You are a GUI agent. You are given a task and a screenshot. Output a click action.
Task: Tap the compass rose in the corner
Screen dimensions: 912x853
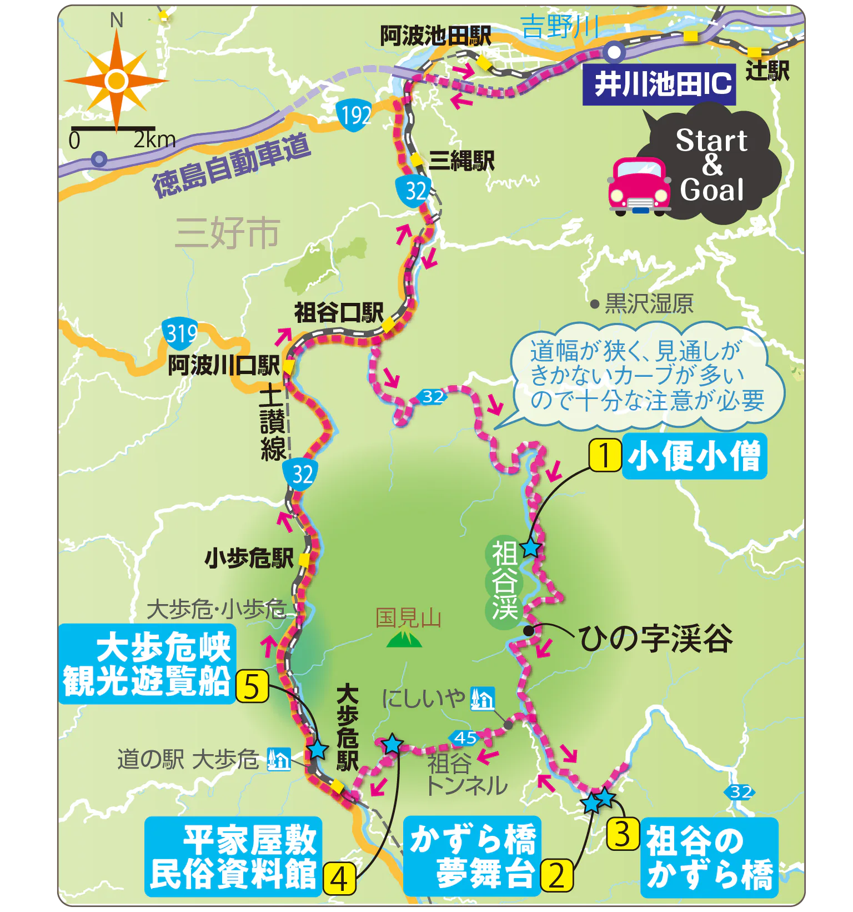click(x=116, y=81)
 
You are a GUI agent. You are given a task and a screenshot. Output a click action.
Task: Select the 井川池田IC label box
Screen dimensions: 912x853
click(x=659, y=84)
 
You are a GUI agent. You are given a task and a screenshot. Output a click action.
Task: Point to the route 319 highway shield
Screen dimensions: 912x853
click(x=180, y=333)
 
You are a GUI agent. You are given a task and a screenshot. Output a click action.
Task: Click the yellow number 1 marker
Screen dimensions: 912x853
click(x=604, y=456)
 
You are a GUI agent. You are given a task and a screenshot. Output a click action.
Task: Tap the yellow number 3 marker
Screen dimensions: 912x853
click(x=623, y=834)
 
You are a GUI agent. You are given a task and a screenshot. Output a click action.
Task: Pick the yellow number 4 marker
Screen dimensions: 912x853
click(x=339, y=879)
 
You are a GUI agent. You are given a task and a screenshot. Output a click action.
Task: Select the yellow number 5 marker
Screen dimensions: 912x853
click(x=252, y=687)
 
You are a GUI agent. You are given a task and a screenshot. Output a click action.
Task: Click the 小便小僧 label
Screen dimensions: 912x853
click(x=694, y=456)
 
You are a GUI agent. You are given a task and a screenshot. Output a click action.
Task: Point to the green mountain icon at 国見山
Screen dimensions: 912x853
click(x=404, y=640)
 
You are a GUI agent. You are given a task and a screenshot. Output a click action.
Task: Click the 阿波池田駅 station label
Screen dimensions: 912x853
click(x=435, y=37)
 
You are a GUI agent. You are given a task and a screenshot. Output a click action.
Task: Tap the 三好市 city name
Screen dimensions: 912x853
click(x=227, y=233)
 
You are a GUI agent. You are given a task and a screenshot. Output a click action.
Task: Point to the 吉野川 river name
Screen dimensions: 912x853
click(x=560, y=27)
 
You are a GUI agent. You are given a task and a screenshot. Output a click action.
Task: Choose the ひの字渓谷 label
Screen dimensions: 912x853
click(x=655, y=639)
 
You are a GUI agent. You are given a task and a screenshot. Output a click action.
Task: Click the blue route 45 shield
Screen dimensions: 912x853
click(x=465, y=737)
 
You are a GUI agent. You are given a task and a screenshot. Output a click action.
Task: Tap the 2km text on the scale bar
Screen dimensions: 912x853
click(x=154, y=139)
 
